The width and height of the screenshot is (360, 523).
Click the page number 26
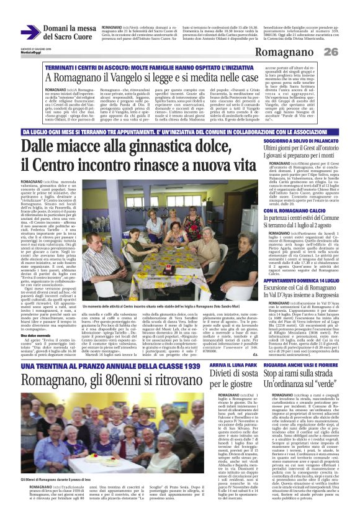(x=348, y=51)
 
